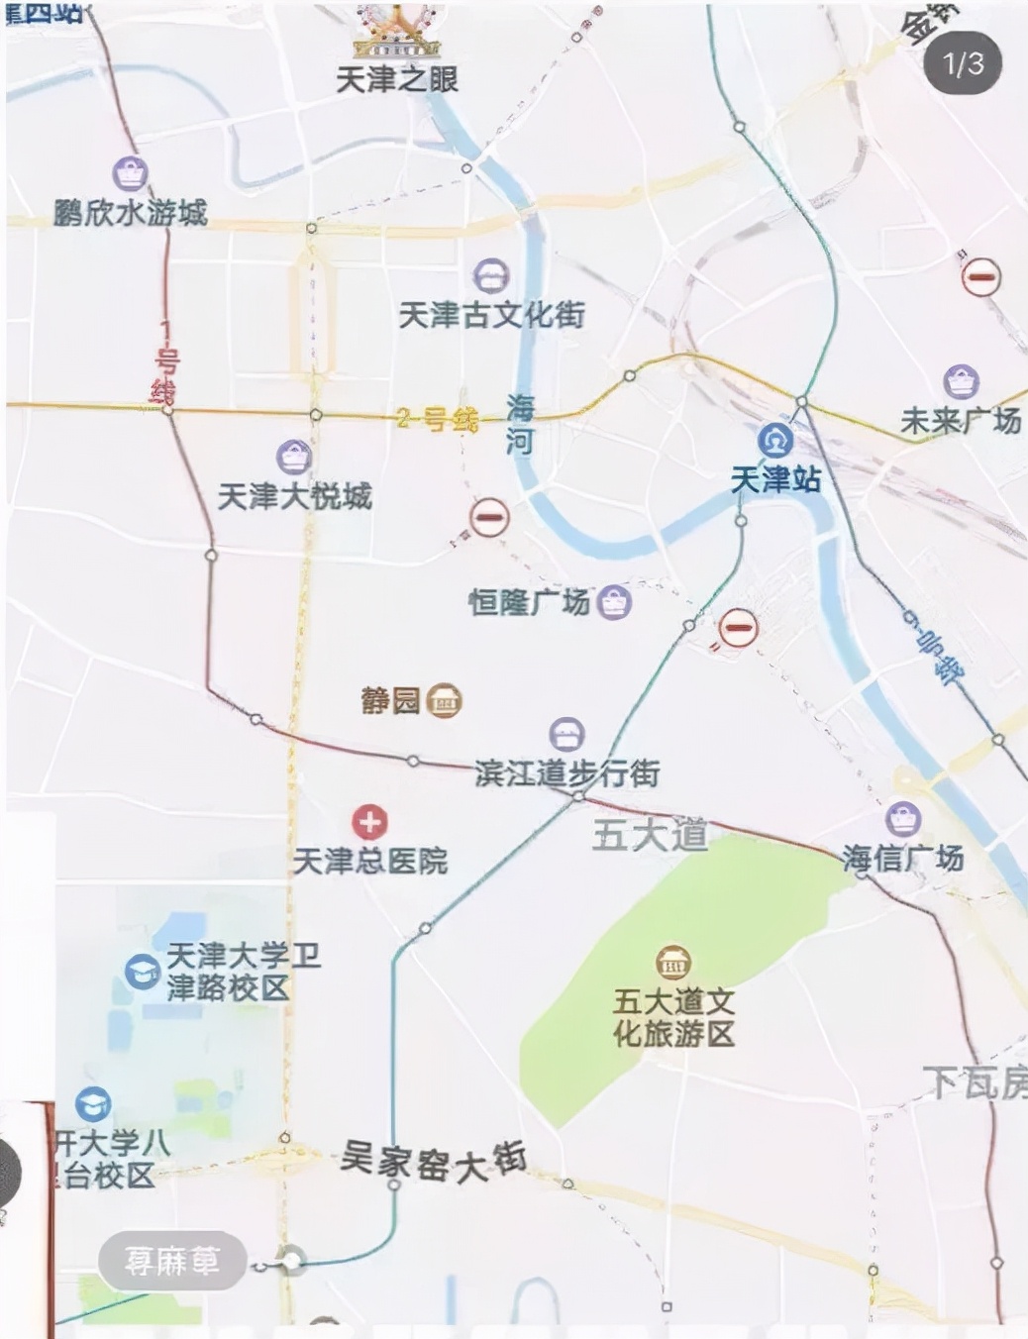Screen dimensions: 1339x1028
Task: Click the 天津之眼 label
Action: coord(397,79)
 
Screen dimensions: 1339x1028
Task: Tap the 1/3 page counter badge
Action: coord(963,64)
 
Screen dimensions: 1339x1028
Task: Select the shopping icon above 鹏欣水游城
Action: coord(130,174)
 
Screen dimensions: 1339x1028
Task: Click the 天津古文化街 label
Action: coord(491,315)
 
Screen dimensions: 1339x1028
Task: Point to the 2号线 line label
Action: coord(437,419)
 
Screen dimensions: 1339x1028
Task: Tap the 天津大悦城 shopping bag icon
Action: coord(293,457)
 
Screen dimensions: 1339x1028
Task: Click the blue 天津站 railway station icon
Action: coord(774,439)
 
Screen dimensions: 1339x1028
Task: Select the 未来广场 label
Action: coord(960,421)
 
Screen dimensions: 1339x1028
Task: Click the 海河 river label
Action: coord(520,425)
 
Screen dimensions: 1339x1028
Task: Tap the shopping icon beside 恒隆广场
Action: coord(614,601)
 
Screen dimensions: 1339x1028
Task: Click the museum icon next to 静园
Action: coord(445,700)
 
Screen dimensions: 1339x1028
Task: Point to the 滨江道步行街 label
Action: coord(567,773)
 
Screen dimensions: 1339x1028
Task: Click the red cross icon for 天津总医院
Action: coord(369,821)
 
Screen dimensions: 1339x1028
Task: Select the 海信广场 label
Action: coord(902,858)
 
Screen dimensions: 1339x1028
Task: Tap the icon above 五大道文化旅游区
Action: coord(673,962)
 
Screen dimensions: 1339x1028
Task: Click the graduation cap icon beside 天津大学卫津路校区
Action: coord(142,971)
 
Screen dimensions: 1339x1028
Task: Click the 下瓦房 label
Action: coord(975,1082)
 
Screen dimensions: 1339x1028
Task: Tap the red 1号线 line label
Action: coord(165,362)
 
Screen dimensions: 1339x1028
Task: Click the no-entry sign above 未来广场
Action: coord(980,276)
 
